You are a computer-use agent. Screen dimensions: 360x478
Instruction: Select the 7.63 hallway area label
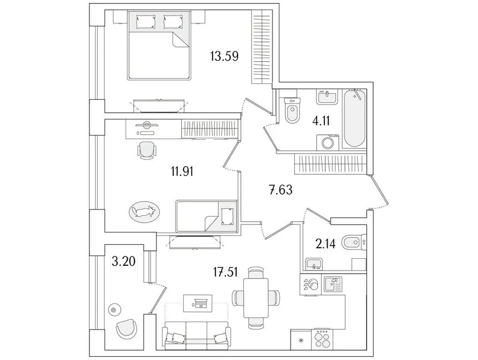tap(280, 190)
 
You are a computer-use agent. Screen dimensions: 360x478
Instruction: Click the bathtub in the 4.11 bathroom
tap(355, 119)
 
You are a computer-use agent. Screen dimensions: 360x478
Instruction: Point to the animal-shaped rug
tap(143, 211)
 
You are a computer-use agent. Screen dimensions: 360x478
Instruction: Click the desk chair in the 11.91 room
tap(147, 150)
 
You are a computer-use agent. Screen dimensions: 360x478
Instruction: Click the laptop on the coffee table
tap(200, 303)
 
